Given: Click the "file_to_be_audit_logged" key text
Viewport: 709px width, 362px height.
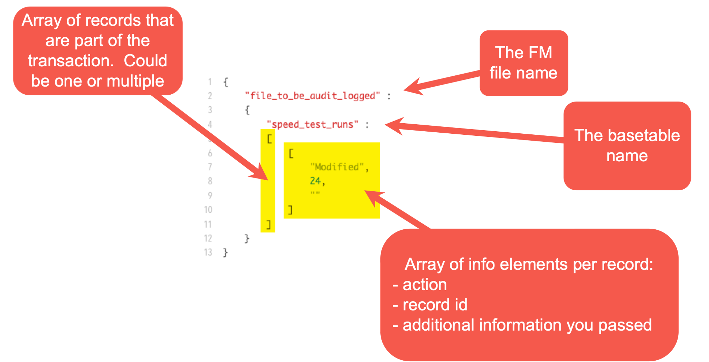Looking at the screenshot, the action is tap(312, 96).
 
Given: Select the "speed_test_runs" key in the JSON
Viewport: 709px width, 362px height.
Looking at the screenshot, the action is tap(312, 124).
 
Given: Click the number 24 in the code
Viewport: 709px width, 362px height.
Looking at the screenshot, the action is tap(315, 181).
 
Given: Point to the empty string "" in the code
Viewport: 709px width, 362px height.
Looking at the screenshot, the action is tap(315, 193).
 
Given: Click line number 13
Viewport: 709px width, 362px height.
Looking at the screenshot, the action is tap(208, 253).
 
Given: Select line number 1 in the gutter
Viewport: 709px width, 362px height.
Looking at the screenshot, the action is tap(210, 82).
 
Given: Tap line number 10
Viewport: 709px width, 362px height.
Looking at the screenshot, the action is tap(208, 210).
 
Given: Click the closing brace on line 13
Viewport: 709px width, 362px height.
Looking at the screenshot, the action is tap(225, 253).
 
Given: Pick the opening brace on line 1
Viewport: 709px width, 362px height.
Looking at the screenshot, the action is tap(226, 82).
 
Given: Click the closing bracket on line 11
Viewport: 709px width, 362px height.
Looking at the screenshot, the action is tap(268, 225).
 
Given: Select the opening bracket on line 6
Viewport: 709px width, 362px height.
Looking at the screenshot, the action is tap(291, 153).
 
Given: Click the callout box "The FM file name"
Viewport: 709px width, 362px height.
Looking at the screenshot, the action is tap(524, 63).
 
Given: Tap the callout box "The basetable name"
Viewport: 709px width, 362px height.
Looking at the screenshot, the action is tap(627, 146).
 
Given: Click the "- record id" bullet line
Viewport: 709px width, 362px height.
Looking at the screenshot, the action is tap(430, 305).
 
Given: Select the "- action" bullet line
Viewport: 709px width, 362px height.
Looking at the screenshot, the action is tap(420, 285).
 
